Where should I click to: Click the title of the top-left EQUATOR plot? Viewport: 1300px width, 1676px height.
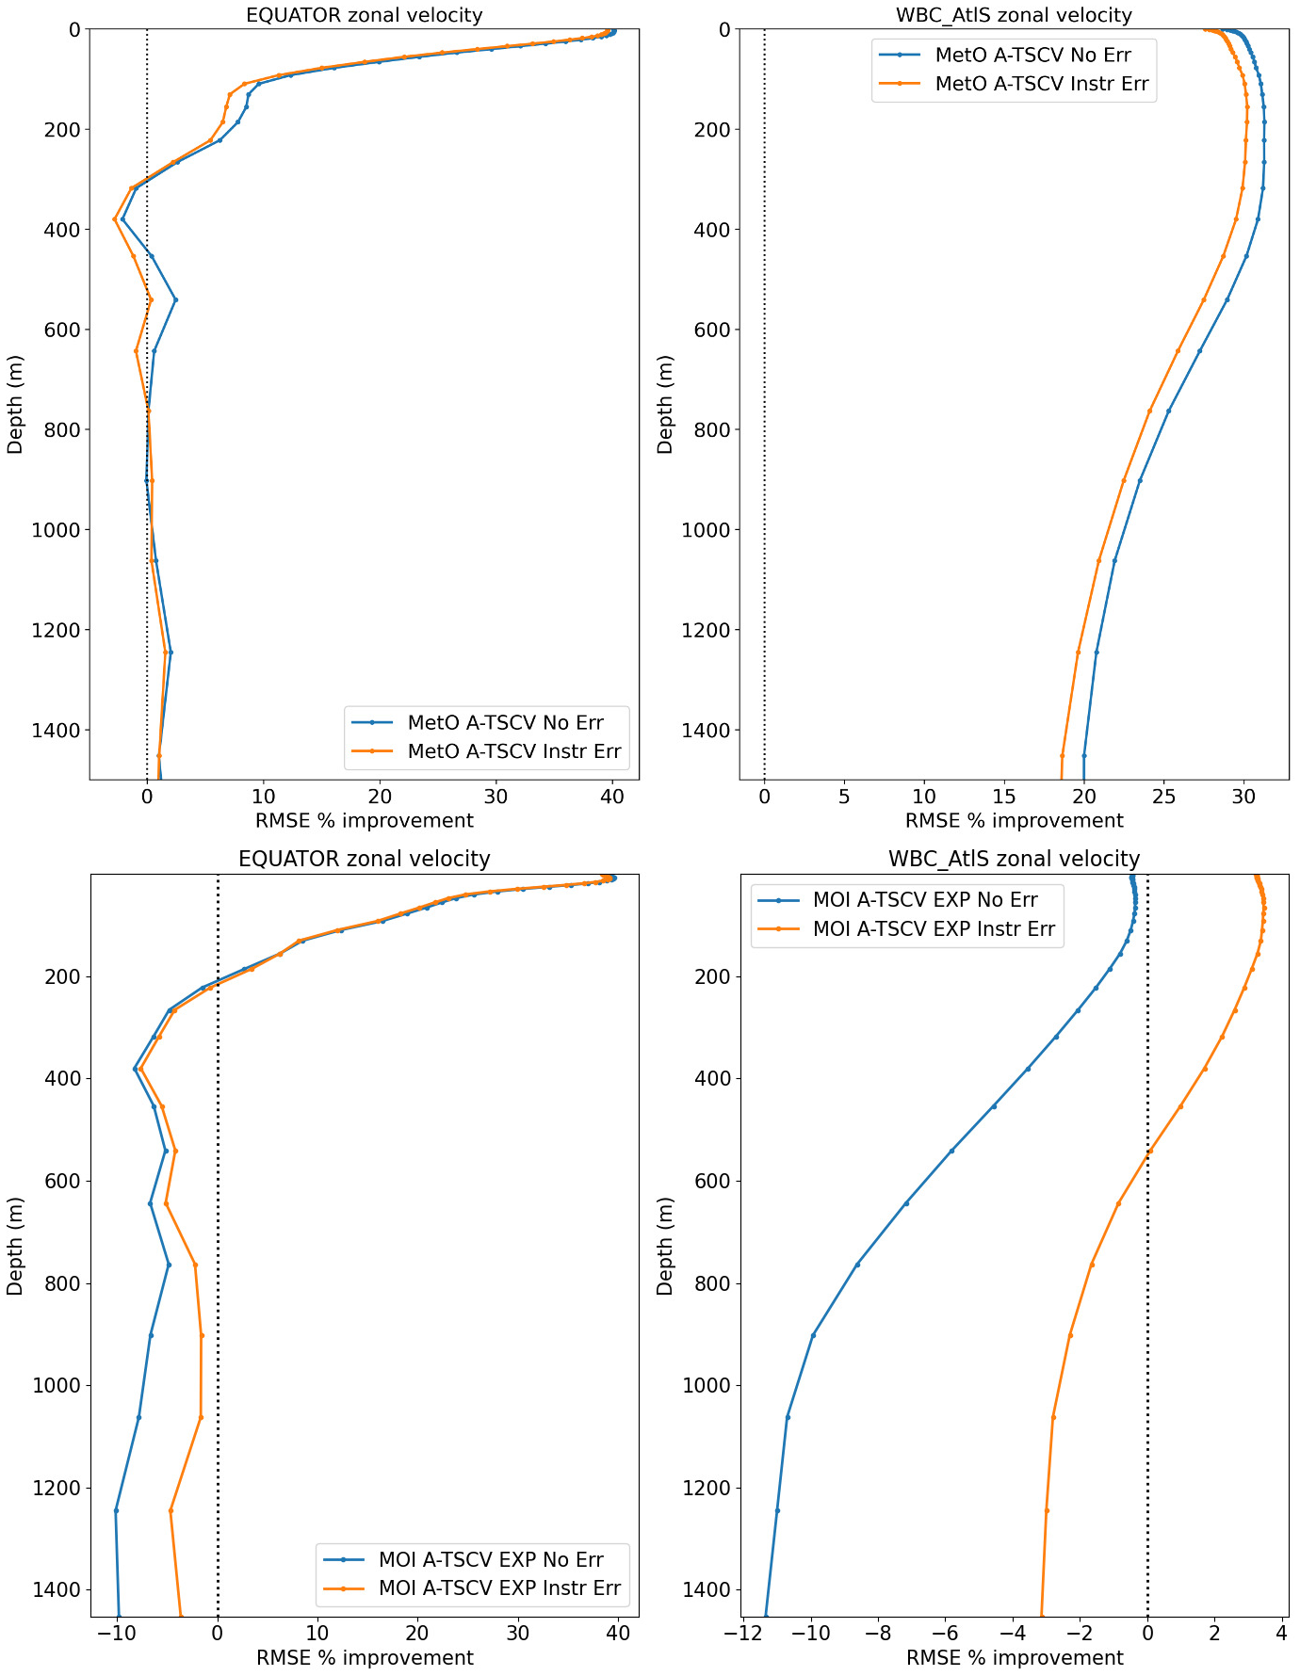pyautogui.click(x=364, y=15)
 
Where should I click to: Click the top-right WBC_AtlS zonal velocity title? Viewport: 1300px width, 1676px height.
pyautogui.click(x=1014, y=15)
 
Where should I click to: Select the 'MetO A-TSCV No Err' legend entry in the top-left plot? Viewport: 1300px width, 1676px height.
pyautogui.click(x=505, y=723)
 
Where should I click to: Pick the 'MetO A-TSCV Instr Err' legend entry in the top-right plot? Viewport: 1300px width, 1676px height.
pyautogui.click(x=1041, y=84)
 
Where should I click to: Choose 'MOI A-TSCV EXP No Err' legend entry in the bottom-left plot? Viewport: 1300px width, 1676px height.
pyautogui.click(x=490, y=1559)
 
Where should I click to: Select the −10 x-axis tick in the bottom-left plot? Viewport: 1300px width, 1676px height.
pyautogui.click(x=117, y=1633)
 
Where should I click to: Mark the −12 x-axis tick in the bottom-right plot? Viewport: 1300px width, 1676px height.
pyautogui.click(x=743, y=1633)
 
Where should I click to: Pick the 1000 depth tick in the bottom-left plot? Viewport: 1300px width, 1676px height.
pyautogui.click(x=55, y=1385)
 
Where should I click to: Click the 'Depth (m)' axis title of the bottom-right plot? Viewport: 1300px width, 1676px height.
pyautogui.click(x=666, y=1246)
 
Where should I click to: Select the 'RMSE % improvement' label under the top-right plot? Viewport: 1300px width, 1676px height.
pyautogui.click(x=1014, y=820)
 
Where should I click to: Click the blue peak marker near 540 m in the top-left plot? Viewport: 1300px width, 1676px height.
pyautogui.click(x=175, y=300)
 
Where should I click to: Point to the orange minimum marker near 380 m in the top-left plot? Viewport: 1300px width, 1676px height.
pyautogui.click(x=115, y=219)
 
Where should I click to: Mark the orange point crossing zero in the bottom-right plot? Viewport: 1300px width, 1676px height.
pyautogui.click(x=1150, y=1151)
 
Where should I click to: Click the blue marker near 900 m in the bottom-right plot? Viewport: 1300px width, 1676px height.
pyautogui.click(x=813, y=1335)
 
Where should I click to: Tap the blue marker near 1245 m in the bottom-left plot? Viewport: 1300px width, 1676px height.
pyautogui.click(x=116, y=1510)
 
